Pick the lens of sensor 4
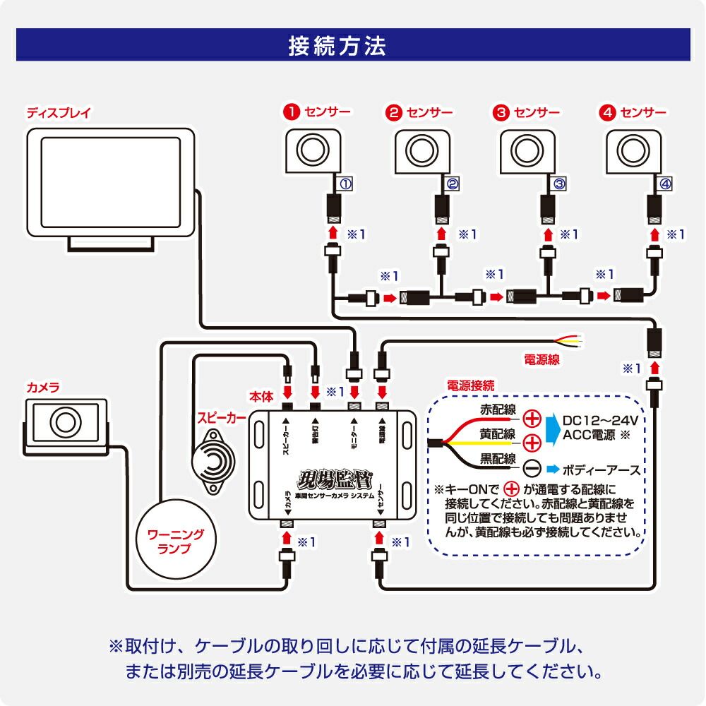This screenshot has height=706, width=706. pyautogui.click(x=630, y=150)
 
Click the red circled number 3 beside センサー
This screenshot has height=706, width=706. pyautogui.click(x=501, y=112)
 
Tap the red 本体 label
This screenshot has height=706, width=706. pyautogui.click(x=261, y=397)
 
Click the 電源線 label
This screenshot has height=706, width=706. pyautogui.click(x=542, y=359)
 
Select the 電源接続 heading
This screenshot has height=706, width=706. pyautogui.click(x=471, y=385)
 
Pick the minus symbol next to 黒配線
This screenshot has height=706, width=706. pyautogui.click(x=532, y=469)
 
